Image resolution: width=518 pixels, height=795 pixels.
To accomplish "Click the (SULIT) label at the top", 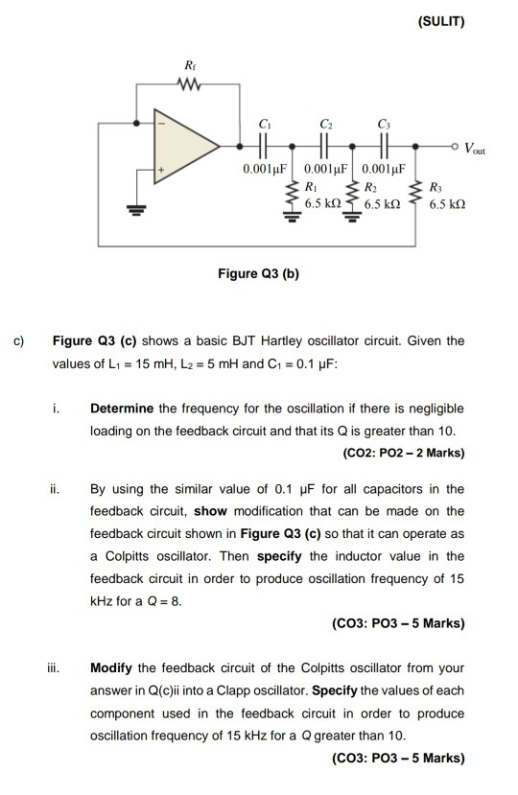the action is (x=441, y=22).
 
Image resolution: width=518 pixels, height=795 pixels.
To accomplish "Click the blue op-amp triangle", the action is (x=191, y=148).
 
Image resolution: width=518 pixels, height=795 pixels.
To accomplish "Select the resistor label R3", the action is (x=436, y=188).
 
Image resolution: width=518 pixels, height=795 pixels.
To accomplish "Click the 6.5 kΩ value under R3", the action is (x=448, y=205).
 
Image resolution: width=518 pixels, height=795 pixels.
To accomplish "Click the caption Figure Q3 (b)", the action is (x=259, y=273).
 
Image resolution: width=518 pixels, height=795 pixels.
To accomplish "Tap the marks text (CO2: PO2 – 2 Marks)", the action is (x=403, y=451).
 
